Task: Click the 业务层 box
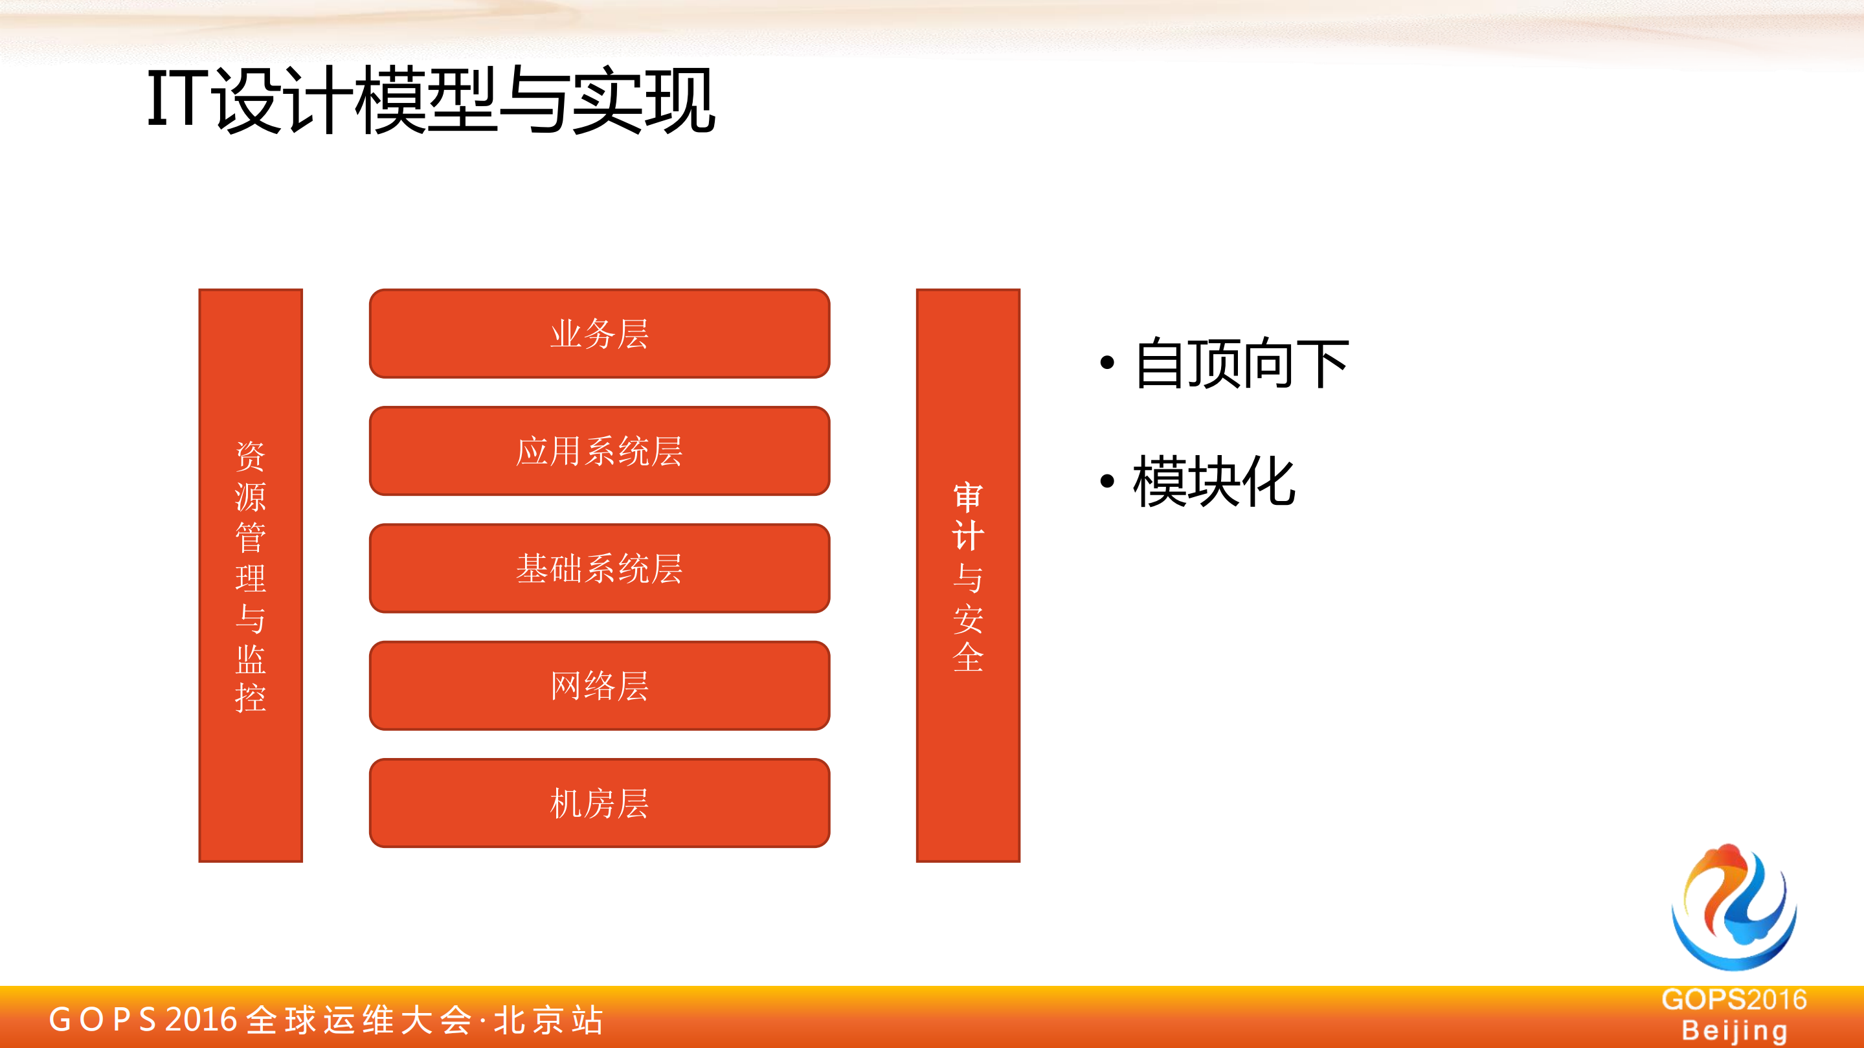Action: click(x=599, y=333)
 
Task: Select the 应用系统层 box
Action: click(x=599, y=451)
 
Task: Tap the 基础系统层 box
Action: click(x=599, y=568)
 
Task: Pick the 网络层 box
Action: click(x=599, y=686)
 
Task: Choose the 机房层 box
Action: click(x=599, y=803)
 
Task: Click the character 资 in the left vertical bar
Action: click(x=251, y=456)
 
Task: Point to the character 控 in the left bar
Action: click(x=251, y=698)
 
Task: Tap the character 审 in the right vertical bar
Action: click(x=968, y=498)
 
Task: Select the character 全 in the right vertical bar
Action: click(x=968, y=658)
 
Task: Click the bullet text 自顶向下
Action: click(x=1242, y=364)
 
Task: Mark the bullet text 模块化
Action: click(x=1214, y=482)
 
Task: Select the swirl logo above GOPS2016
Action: click(x=1733, y=907)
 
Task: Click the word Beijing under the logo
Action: click(x=1734, y=1030)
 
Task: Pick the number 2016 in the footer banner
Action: click(x=201, y=1020)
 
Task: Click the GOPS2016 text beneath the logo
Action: click(x=1734, y=999)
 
